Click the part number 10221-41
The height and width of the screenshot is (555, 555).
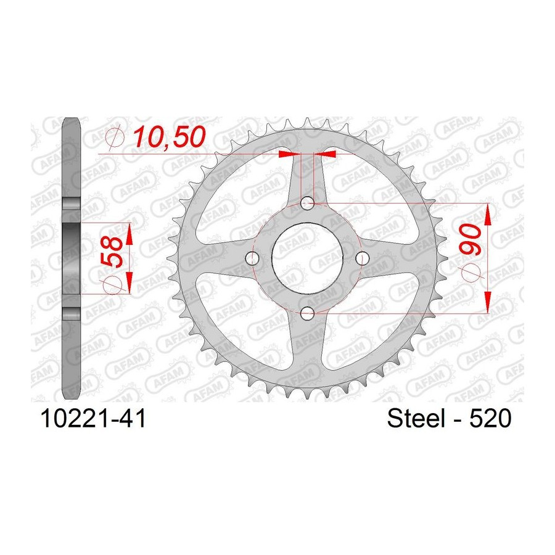coord(93,418)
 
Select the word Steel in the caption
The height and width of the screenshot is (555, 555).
coord(416,418)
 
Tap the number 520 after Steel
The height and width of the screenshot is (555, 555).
coord(490,418)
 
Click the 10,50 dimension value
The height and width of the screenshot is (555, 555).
coord(169,138)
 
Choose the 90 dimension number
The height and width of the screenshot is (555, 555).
coord(471,239)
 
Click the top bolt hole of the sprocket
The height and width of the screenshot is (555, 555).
coord(307,203)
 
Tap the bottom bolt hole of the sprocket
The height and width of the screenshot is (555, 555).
coord(307,313)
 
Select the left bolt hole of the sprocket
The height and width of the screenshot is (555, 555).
coord(252,258)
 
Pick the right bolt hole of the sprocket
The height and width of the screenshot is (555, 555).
coord(362,258)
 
